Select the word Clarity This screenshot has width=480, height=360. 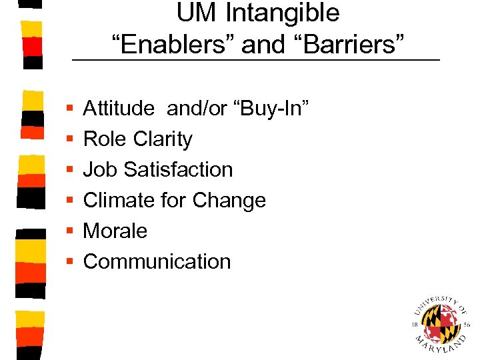[163, 139]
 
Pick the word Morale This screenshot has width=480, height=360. [115, 231]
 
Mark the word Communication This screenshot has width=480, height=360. [157, 261]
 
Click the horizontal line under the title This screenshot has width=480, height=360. [256, 61]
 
